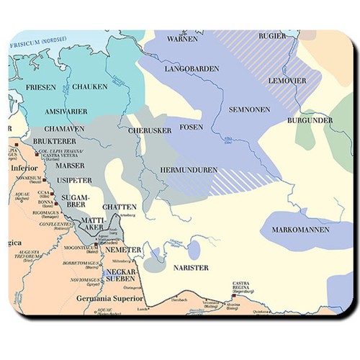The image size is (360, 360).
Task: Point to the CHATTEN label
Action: (x=120, y=207)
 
